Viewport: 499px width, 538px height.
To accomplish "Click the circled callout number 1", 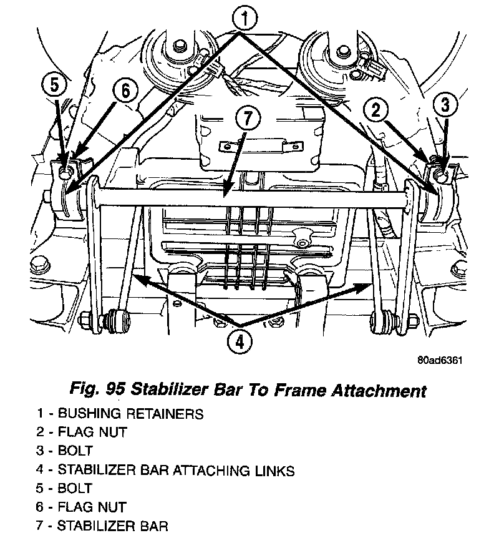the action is (x=245, y=19).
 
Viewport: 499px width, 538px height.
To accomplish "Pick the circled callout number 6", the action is (x=125, y=91).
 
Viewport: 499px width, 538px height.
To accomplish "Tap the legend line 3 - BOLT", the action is (x=65, y=451).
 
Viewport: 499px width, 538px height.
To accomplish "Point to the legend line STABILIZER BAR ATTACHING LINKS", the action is (x=165, y=469).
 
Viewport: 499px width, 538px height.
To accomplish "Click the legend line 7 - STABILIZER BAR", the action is (x=102, y=526).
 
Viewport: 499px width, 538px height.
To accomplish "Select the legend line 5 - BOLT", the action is (x=65, y=488).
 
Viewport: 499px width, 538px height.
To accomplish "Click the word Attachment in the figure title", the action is (x=380, y=391).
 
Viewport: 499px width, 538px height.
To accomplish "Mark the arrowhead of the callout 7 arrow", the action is (x=225, y=198).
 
